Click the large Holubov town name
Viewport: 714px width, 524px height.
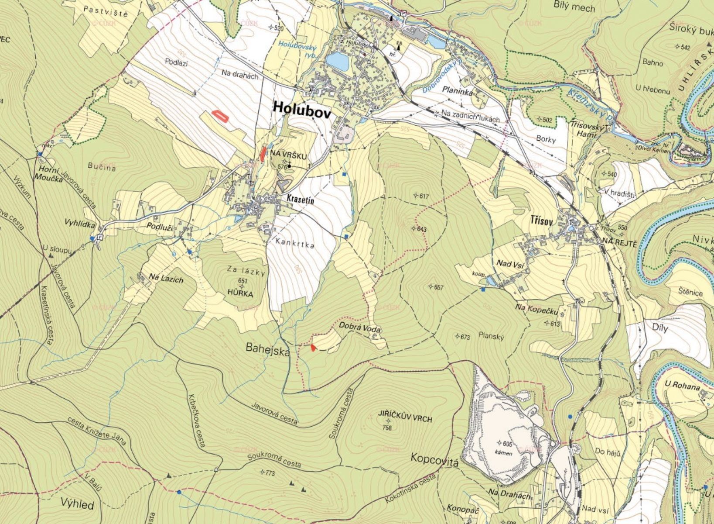(x=301, y=109)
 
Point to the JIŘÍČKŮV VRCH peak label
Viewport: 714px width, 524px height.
(x=405, y=419)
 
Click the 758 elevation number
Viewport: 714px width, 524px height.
(x=387, y=427)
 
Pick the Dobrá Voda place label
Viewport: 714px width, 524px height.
(x=360, y=328)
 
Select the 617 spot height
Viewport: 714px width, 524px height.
(x=424, y=196)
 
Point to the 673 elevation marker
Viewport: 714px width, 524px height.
(x=465, y=337)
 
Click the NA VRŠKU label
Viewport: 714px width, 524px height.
(x=289, y=155)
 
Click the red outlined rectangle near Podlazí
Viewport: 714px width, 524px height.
(x=220, y=116)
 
